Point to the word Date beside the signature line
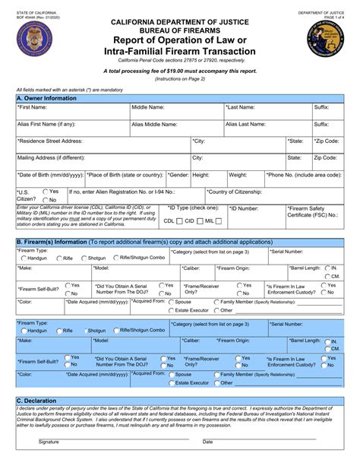pos(207,461)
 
